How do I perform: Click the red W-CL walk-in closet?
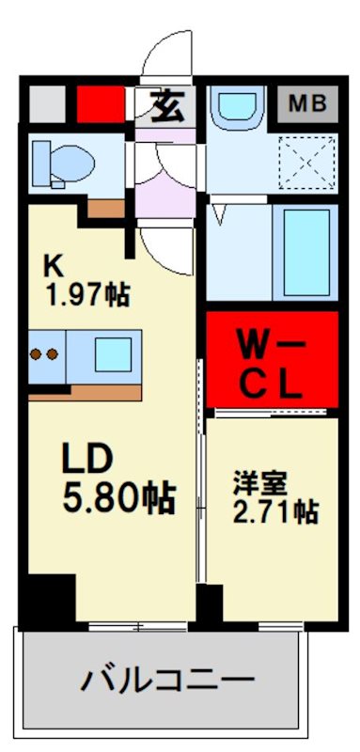point(268,359)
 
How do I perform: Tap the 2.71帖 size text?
point(275,512)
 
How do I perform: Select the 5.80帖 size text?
point(118,496)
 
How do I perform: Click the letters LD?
point(88,460)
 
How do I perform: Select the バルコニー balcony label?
point(167,679)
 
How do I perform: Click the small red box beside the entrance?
point(101,104)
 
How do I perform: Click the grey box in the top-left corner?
point(44,103)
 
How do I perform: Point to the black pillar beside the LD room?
point(49,599)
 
